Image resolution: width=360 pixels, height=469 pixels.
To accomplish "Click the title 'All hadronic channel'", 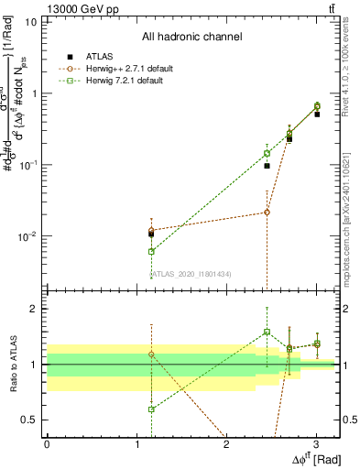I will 191,37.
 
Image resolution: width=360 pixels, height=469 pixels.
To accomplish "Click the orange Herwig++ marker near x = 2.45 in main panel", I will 267,212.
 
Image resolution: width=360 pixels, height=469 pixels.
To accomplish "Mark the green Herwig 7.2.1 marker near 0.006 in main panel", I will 151,251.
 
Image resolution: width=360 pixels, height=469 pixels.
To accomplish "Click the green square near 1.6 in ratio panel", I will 267,332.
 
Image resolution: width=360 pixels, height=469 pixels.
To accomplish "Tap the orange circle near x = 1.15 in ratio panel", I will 151,354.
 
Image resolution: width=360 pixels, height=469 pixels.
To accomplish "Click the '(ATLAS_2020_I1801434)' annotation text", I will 191,273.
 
